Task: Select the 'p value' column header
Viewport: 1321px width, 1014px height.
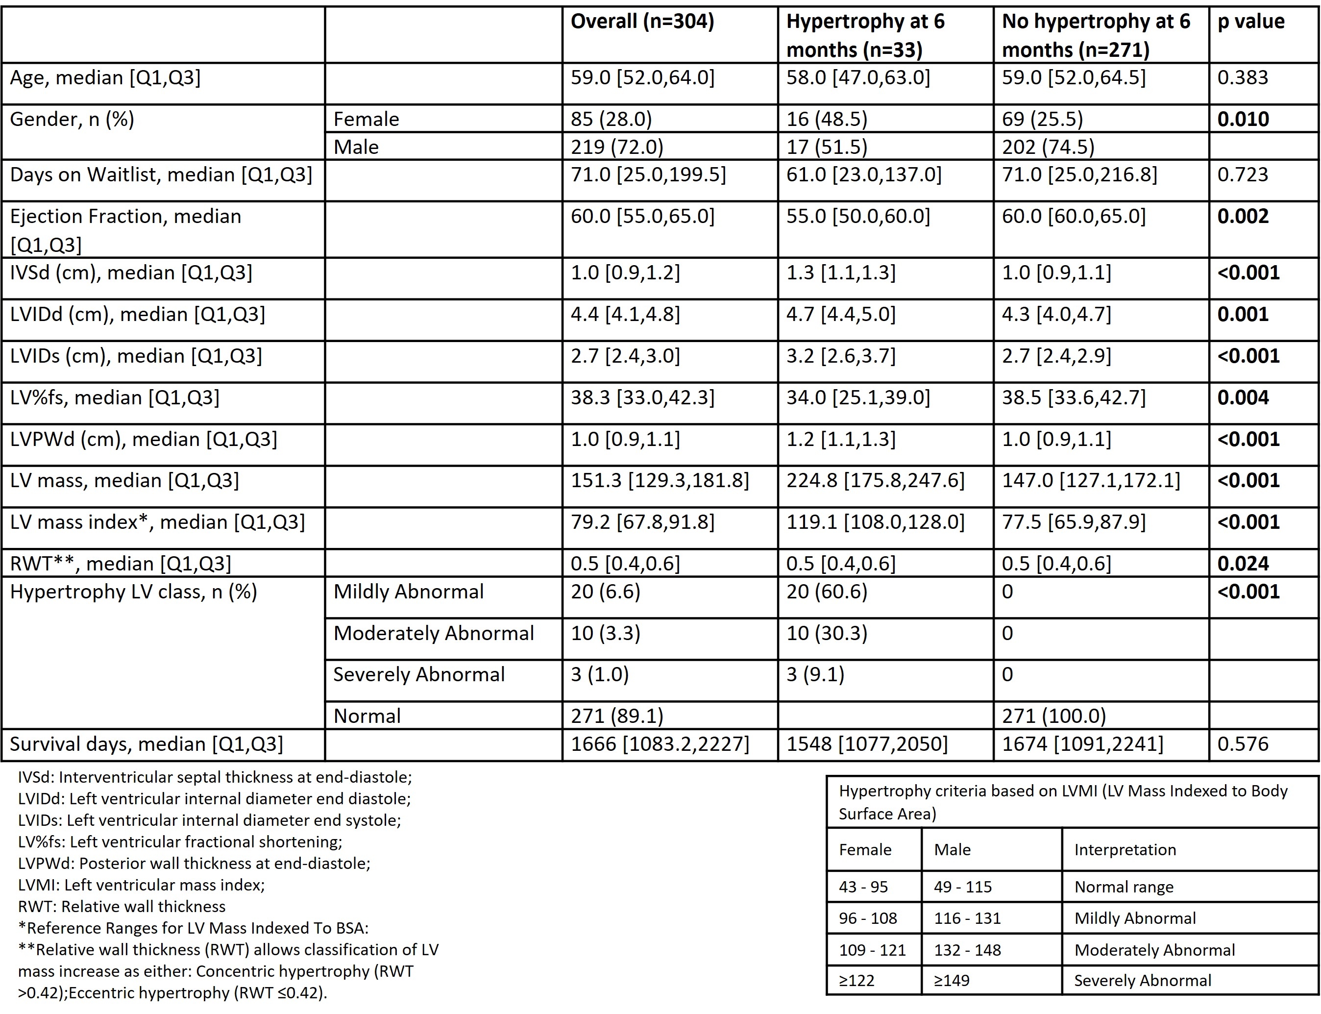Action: click(x=1250, y=22)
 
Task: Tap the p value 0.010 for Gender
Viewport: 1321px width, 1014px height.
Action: click(x=1243, y=119)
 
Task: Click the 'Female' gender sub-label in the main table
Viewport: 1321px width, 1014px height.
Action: click(x=367, y=119)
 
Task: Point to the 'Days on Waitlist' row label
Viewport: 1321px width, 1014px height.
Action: click(x=161, y=175)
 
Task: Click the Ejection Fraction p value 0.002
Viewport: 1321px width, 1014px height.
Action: click(x=1243, y=216)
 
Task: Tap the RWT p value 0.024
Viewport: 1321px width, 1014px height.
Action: click(x=1243, y=563)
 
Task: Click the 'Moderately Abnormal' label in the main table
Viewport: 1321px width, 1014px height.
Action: click(x=433, y=633)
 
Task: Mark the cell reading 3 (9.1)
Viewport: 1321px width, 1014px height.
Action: click(x=815, y=674)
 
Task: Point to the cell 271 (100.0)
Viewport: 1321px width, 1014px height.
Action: click(x=1053, y=716)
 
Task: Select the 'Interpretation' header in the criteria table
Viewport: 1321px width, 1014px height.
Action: click(x=1125, y=850)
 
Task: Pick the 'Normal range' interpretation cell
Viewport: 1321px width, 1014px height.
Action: click(x=1124, y=887)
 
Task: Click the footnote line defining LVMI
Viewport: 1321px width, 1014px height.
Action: click(x=141, y=885)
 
